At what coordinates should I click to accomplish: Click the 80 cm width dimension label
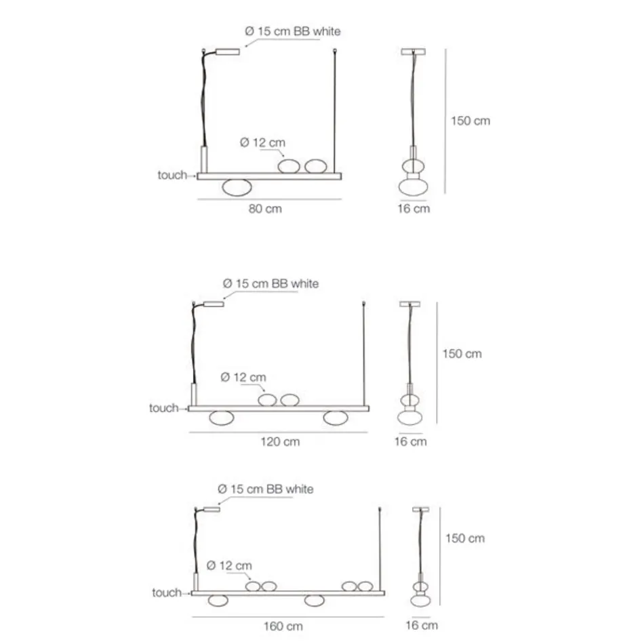click(265, 209)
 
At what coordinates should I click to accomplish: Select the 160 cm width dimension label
click(283, 626)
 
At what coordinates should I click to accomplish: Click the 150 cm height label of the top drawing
click(470, 121)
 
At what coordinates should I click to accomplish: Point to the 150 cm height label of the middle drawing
click(462, 354)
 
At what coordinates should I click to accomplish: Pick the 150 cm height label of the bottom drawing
click(465, 538)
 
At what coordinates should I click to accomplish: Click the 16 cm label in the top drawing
click(414, 209)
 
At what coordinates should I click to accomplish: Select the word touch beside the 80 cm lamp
click(172, 176)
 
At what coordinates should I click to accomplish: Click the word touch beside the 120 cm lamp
click(163, 408)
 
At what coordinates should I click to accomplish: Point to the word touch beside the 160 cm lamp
click(166, 593)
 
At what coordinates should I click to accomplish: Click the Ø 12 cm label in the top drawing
click(262, 142)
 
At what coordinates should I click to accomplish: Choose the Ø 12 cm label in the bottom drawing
click(228, 565)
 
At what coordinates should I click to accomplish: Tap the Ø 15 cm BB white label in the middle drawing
click(270, 283)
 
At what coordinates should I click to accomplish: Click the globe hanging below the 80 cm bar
click(237, 188)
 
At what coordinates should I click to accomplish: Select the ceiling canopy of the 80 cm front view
click(228, 52)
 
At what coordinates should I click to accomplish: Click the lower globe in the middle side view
click(409, 416)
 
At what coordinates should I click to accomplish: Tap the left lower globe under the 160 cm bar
click(218, 601)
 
